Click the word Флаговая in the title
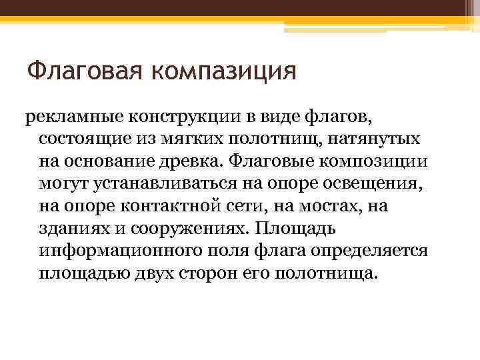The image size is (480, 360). pyautogui.click(x=83, y=70)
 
